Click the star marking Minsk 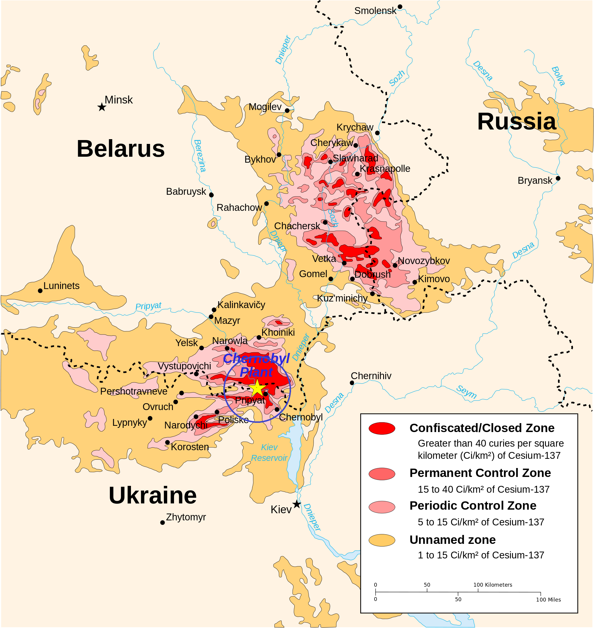click(x=102, y=107)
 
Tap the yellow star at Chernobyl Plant click(x=257, y=388)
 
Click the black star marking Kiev click(x=296, y=504)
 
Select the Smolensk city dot click(x=400, y=7)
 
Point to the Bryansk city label click(x=535, y=181)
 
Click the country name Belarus click(x=121, y=149)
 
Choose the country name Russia click(x=516, y=121)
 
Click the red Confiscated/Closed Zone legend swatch click(x=382, y=428)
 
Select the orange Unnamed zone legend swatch click(x=382, y=540)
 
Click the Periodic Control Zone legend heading click(x=473, y=505)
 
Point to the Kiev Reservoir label click(x=269, y=453)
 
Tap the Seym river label click(x=466, y=392)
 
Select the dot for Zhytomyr click(x=162, y=522)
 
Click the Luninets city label click(x=61, y=286)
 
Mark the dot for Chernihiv click(x=352, y=383)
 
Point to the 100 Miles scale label click(x=548, y=600)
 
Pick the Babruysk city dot click(x=211, y=195)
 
